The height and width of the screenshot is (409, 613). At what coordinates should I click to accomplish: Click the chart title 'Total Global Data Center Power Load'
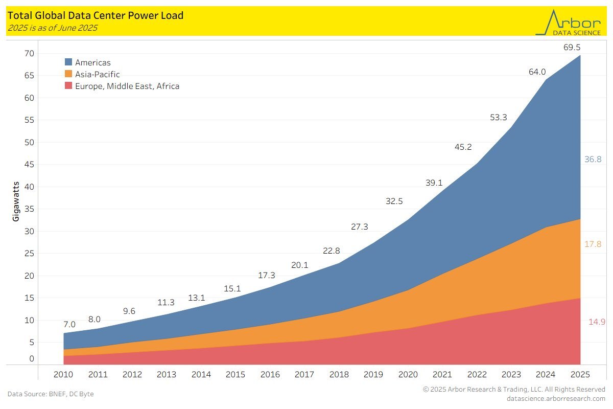click(x=96, y=16)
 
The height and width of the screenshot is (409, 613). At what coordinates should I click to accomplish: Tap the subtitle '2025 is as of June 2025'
click(x=52, y=28)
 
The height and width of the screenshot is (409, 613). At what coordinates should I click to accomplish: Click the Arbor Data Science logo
click(x=568, y=23)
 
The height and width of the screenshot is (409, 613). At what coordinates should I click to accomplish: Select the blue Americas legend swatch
click(x=68, y=62)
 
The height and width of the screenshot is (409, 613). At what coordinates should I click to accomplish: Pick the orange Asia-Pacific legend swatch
click(x=68, y=74)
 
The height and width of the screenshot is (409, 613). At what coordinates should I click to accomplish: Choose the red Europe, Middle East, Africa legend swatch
click(x=68, y=86)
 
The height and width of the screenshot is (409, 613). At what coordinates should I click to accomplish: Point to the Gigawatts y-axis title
click(x=16, y=200)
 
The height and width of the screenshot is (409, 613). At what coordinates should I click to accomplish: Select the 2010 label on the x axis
click(x=63, y=375)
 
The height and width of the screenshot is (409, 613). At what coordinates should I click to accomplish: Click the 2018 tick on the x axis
click(x=339, y=375)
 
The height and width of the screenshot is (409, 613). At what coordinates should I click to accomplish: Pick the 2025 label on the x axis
click(x=580, y=375)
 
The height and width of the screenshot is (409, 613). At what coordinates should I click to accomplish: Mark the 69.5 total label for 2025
click(x=571, y=48)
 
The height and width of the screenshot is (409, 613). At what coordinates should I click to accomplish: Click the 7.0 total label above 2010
click(x=69, y=325)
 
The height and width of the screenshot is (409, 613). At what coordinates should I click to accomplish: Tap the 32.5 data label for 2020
click(x=394, y=201)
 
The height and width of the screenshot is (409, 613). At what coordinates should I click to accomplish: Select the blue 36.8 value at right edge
click(x=593, y=160)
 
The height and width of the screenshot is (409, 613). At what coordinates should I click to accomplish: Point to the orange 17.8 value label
click(x=593, y=245)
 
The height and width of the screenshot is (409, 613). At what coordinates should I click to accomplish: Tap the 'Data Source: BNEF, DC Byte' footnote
click(x=51, y=394)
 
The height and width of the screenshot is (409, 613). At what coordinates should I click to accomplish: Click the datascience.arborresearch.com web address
click(x=556, y=398)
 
